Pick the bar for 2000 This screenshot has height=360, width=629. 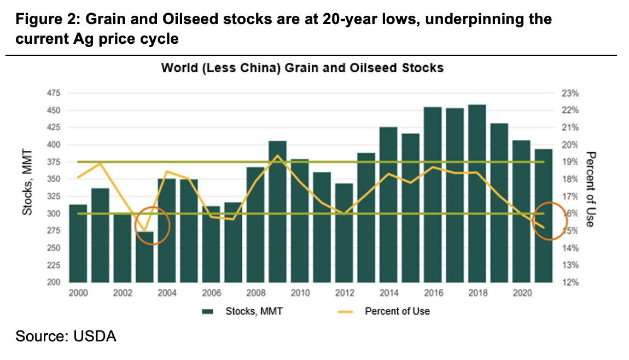78,243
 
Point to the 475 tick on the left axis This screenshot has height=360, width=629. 55,94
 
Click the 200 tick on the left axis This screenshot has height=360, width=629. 55,282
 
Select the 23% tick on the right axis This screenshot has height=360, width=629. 569,94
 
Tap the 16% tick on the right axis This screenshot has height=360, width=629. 569,214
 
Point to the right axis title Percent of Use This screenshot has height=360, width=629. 590,189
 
